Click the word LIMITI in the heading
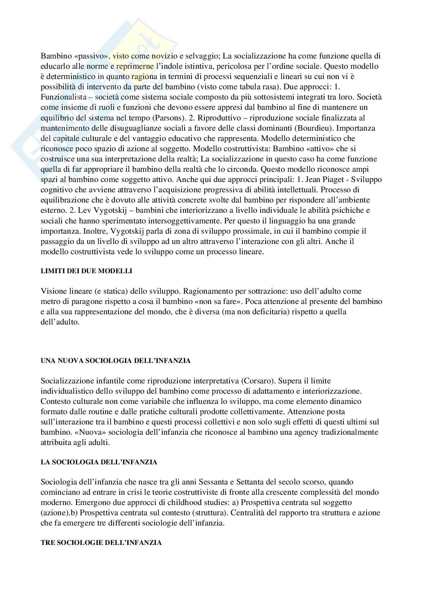point(51,271)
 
